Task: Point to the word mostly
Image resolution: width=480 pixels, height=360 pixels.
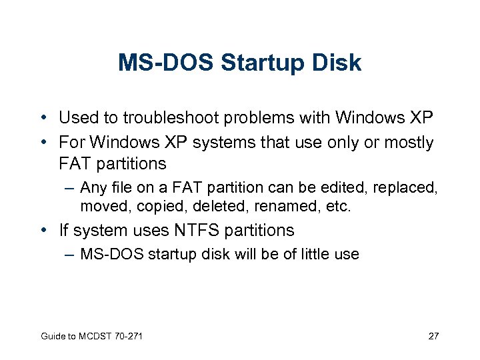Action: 406,142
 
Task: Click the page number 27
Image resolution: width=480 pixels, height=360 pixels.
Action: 433,335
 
